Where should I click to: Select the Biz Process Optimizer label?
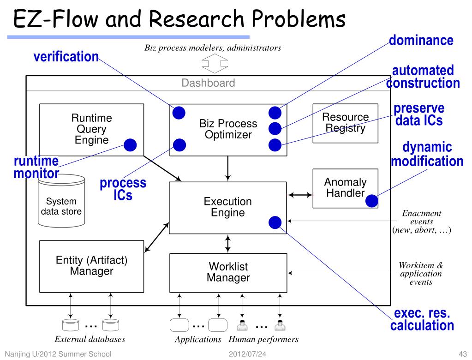point(228,129)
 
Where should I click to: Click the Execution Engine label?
point(228,207)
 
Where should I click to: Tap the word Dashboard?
point(208,83)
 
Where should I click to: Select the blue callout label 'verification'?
point(66,57)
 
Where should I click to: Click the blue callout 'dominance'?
point(421,40)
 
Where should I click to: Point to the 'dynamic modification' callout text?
point(427,154)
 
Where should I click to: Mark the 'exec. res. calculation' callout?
point(422,319)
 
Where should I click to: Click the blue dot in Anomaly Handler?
point(372,201)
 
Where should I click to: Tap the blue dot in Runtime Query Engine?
point(130,145)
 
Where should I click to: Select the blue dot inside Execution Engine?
point(275,222)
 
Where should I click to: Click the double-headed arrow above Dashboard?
point(215,63)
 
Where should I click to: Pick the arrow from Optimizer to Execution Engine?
point(228,168)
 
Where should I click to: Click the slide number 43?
point(463,354)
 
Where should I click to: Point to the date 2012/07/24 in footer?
point(247,354)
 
